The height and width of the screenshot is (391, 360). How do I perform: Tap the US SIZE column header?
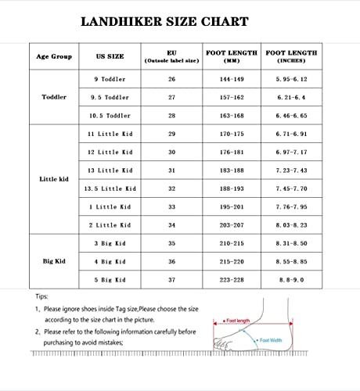point(110,56)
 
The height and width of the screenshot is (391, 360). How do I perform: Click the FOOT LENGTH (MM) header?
point(232,56)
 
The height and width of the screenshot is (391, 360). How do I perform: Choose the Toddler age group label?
point(53,98)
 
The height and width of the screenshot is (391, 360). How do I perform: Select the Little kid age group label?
point(53,179)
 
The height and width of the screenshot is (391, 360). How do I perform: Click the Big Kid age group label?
point(53,260)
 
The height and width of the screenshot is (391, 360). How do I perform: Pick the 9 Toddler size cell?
point(110,80)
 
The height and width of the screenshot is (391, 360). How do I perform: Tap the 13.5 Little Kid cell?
point(110,188)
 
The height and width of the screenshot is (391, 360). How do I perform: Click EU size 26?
point(171,80)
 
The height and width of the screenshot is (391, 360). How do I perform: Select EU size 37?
point(171,279)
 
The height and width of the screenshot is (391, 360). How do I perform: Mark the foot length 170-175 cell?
point(232,135)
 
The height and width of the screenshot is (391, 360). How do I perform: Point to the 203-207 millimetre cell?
point(232,224)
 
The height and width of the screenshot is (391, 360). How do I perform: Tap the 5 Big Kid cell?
point(110,279)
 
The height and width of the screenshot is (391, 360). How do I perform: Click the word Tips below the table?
point(41,297)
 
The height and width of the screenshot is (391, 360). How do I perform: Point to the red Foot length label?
point(237,321)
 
